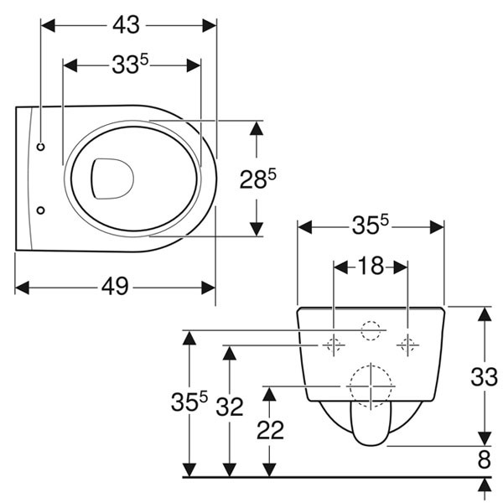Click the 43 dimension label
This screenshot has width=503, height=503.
(126, 25)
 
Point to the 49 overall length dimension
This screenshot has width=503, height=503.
(115, 287)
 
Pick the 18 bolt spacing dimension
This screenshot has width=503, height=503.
(371, 267)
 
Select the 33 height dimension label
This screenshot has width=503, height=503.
(483, 377)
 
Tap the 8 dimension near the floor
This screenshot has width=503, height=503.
(483, 460)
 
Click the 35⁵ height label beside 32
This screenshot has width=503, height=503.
(191, 404)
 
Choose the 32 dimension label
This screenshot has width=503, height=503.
(229, 407)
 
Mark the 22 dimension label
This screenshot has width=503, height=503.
(270, 431)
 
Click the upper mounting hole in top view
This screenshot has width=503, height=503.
(41, 146)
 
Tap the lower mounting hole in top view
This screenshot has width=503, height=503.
(41, 210)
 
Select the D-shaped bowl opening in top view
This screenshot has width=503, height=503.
(112, 178)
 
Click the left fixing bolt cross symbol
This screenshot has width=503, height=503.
(334, 344)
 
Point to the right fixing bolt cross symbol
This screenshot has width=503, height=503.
(408, 344)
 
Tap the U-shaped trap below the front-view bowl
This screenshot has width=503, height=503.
(370, 426)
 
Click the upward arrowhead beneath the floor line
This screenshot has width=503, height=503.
(484, 486)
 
